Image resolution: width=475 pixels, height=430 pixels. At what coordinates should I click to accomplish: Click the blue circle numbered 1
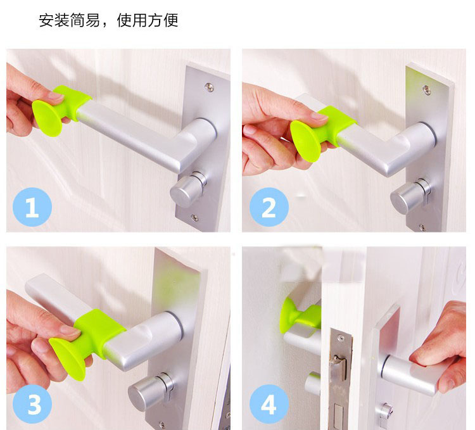click(32, 207)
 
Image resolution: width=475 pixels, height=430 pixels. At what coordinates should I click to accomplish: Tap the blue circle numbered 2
click(269, 207)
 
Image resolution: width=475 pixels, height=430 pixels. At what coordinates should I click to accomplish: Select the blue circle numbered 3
click(32, 404)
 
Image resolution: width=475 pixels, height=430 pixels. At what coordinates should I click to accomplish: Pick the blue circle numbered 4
click(269, 404)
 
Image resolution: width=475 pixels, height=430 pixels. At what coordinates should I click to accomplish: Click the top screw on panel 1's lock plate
click(209, 87)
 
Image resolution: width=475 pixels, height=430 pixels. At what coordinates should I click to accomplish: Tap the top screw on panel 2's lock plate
click(426, 89)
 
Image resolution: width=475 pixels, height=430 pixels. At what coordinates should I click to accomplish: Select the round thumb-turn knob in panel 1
click(188, 189)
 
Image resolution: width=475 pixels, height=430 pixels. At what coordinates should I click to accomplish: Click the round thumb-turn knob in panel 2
click(409, 197)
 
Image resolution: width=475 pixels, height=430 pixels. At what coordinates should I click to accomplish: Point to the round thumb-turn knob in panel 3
click(150, 391)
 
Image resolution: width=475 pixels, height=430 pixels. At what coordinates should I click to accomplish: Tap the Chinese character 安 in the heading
click(46, 20)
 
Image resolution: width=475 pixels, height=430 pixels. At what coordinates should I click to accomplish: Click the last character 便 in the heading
click(170, 20)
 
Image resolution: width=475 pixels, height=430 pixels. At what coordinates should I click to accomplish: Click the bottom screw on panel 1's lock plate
click(194, 217)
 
